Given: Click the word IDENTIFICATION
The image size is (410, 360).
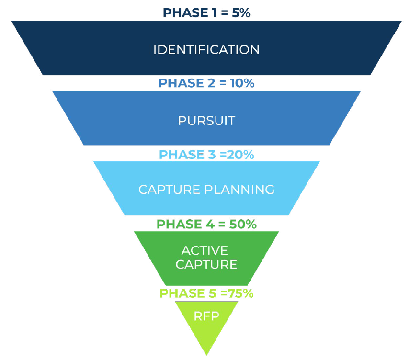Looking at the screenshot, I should pyautogui.click(x=206, y=49).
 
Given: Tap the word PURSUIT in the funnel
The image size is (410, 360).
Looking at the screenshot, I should pyautogui.click(x=206, y=120).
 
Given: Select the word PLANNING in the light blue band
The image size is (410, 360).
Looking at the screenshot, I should pyautogui.click(x=239, y=190).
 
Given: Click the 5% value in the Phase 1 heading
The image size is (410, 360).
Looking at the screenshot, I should pyautogui.click(x=239, y=12).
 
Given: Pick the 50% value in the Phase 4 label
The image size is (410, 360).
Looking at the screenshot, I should pyautogui.click(x=243, y=224).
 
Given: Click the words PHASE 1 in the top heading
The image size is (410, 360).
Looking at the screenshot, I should pyautogui.click(x=188, y=12).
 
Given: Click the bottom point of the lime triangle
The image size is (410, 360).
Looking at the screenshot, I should pyautogui.click(x=206, y=354).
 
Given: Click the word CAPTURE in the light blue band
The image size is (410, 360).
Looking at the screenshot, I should pyautogui.click(x=170, y=190).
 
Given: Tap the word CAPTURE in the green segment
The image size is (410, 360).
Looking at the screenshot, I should pyautogui.click(x=206, y=264).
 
